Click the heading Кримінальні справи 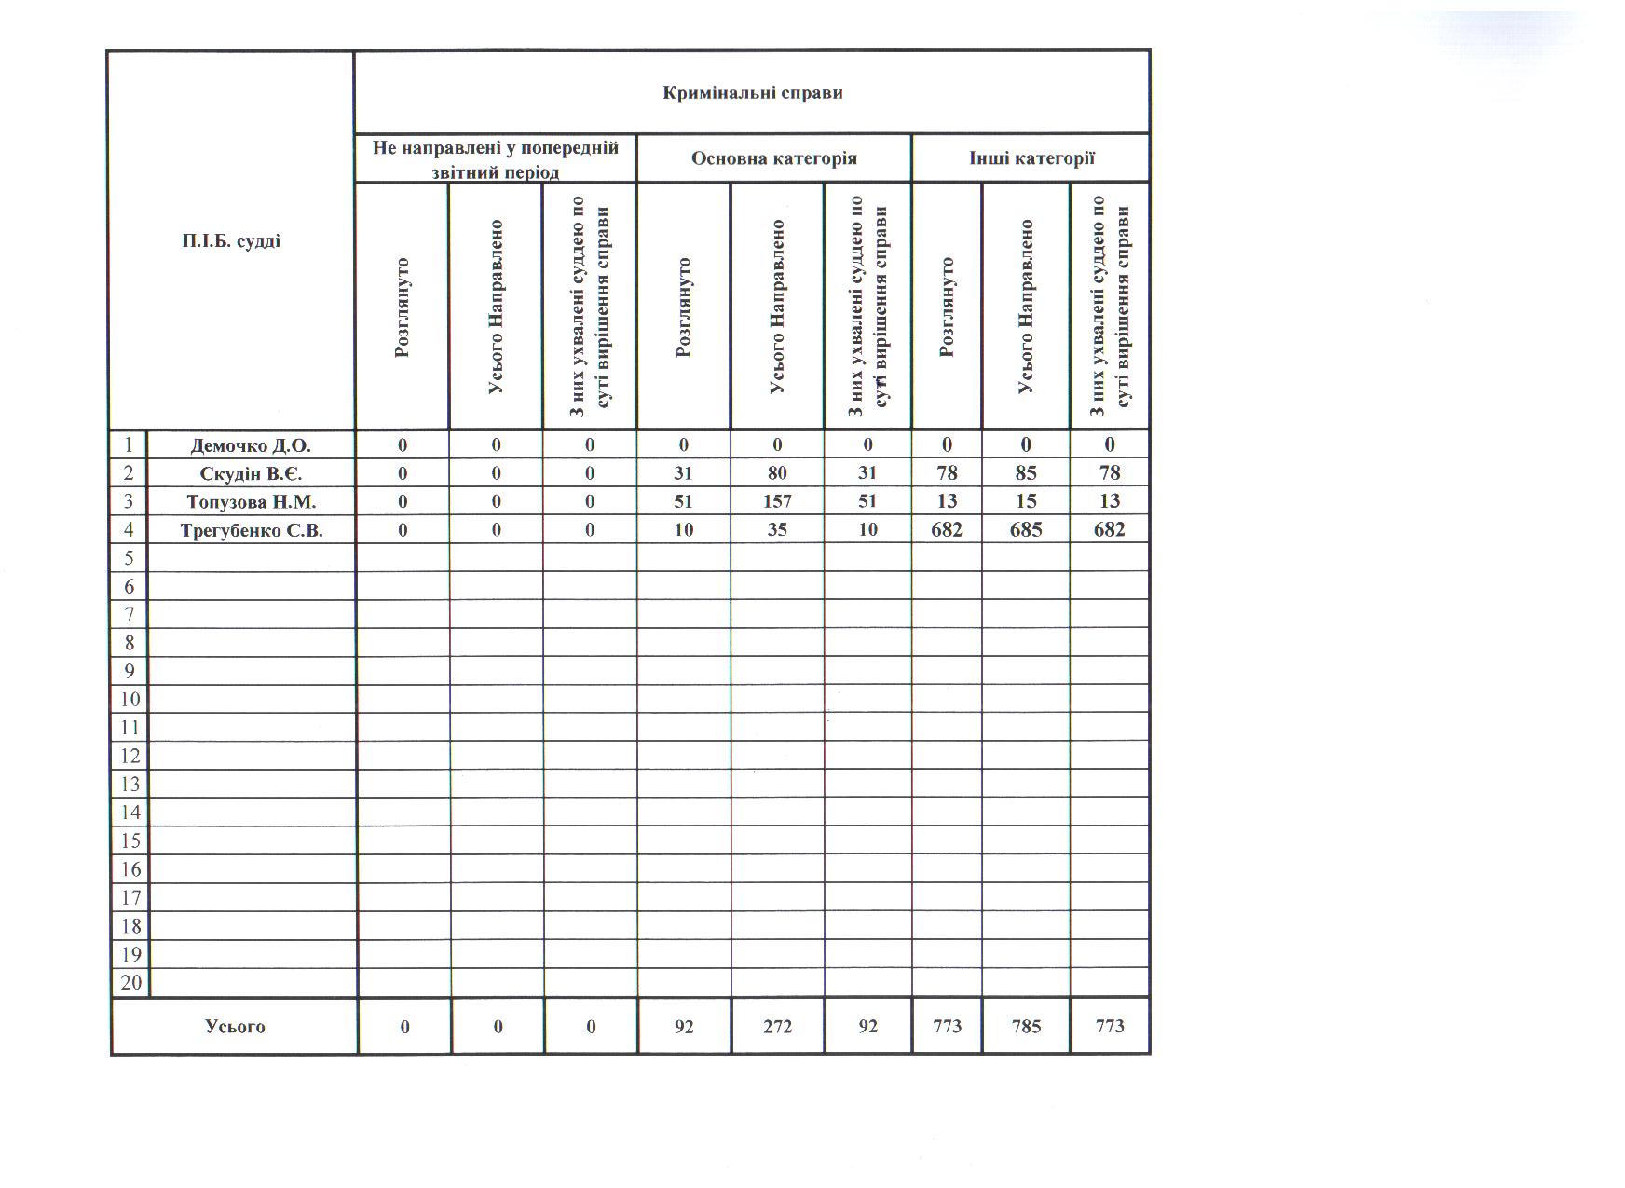[752, 92]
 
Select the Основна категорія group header [773, 158]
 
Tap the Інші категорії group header [1031, 158]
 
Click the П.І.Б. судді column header [231, 241]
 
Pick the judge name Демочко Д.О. [251, 445]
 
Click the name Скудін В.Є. [251, 473]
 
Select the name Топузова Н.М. [251, 501]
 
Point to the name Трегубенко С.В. [251, 530]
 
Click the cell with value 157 [777, 501]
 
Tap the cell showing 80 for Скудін [777, 473]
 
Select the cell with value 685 [1025, 530]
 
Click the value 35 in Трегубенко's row [777, 530]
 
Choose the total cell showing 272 [777, 1027]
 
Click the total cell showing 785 [1025, 1027]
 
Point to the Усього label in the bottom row [235, 1027]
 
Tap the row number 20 [130, 982]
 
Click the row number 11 [130, 727]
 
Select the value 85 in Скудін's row [1025, 473]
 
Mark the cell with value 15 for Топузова [1025, 501]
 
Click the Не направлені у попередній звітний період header [495, 159]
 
